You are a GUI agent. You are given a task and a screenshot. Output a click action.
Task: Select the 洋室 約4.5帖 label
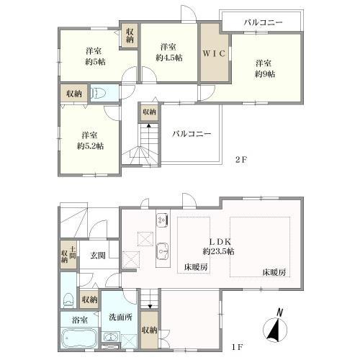pyautogui.click(x=168, y=52)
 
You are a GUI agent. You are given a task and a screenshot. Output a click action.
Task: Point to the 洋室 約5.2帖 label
pyautogui.click(x=90, y=140)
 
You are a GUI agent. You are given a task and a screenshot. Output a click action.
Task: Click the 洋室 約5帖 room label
pyautogui.click(x=92, y=55)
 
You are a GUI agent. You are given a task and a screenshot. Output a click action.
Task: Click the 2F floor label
pyautogui.click(x=240, y=160)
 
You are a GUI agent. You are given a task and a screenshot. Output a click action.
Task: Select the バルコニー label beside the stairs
pyautogui.click(x=191, y=133)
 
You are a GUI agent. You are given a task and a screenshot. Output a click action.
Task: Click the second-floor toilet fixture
pyautogui.click(x=101, y=93)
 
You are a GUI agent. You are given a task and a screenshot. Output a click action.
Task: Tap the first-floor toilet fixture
pyautogui.click(x=68, y=299)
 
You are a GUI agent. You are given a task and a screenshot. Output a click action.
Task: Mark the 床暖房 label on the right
pyautogui.click(x=274, y=271)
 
